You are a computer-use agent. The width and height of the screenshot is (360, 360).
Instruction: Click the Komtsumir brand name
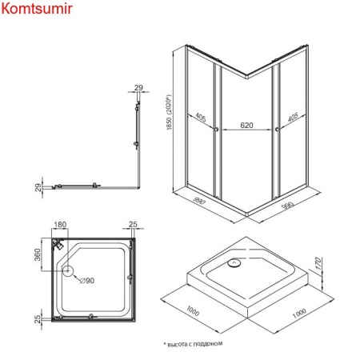pos(37,8)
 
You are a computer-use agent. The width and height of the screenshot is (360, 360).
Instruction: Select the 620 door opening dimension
pos(246,125)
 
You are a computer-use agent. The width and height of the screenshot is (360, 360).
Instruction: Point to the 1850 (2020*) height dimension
pos(170,112)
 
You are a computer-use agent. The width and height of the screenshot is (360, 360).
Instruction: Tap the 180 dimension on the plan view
pos(60,225)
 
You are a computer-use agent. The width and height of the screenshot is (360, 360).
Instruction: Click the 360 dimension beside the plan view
pos(38,254)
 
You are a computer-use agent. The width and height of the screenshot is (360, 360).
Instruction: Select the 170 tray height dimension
pos(318,263)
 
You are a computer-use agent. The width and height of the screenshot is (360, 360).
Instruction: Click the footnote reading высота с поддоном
pos(194,344)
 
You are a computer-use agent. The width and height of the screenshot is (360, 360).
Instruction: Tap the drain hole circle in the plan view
pos(68,270)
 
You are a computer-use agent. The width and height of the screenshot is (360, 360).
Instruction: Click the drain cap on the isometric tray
pos(234,263)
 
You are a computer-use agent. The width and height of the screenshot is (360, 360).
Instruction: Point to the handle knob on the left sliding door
pos(216,130)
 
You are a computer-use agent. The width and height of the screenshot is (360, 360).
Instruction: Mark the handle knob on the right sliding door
pos(277,130)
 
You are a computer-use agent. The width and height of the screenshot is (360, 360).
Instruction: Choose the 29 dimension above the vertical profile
pos(138,87)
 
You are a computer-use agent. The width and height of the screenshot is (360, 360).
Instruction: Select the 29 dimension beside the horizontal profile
pos(38,187)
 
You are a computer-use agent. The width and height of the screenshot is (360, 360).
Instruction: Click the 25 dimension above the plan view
pos(133,224)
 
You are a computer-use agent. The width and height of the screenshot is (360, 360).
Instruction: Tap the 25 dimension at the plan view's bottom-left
pos(38,319)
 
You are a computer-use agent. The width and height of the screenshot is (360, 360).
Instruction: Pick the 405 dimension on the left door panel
pos(201,118)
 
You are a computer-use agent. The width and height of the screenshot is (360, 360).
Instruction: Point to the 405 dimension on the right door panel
pos(293,117)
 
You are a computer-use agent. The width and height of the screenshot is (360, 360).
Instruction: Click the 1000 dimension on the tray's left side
pos(193,311)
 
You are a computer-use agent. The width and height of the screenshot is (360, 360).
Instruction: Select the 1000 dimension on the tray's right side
pos(299,314)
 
